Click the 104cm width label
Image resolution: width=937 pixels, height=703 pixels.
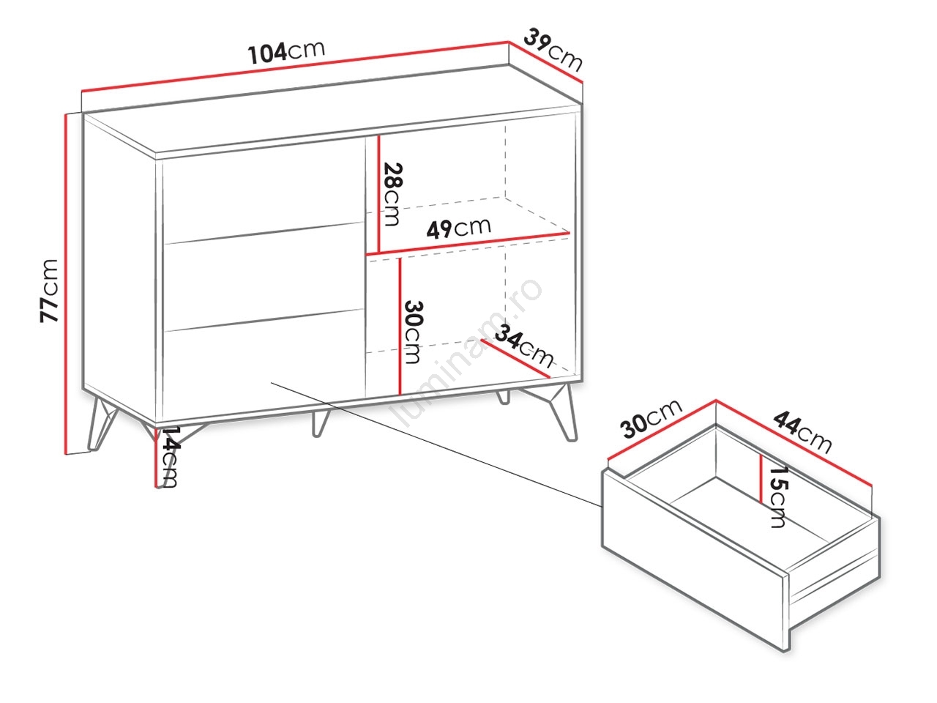point(286,52)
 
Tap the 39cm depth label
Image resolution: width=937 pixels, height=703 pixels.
point(553,50)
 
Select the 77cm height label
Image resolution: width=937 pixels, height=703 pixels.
point(48,291)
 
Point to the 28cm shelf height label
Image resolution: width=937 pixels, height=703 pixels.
point(392,194)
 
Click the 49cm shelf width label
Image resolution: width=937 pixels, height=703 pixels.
point(459,228)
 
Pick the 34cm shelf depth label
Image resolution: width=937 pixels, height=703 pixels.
point(524,346)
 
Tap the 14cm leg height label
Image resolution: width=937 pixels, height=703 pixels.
point(168,457)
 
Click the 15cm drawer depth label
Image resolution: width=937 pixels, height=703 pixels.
point(777,496)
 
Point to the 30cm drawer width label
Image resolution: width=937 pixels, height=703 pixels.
point(652,419)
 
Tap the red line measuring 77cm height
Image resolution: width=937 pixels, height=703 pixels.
point(66,284)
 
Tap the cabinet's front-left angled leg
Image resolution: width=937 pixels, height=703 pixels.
point(101,422)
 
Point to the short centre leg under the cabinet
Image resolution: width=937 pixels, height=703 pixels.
point(319,423)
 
